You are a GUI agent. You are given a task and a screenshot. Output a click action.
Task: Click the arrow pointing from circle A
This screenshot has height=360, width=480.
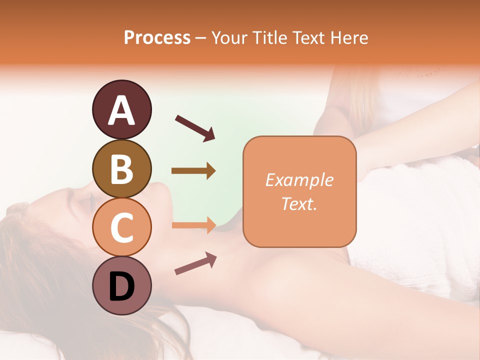tap(194, 127)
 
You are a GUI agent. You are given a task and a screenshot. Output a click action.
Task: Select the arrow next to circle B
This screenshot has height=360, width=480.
tap(193, 171)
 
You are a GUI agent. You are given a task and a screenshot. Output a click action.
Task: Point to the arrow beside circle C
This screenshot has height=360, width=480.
tap(193, 225)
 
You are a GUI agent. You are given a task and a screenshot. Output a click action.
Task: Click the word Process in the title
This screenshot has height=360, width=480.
tap(157, 37)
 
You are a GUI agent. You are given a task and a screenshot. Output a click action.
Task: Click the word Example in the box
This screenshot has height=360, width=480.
tap(299, 180)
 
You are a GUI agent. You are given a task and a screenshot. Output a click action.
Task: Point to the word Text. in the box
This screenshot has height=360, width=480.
tap(299, 204)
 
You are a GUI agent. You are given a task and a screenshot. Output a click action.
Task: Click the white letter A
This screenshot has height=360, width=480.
tap(121, 111)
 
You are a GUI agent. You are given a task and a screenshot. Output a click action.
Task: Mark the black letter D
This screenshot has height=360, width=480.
tap(121, 286)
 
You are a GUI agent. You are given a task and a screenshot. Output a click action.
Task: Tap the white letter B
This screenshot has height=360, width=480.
tap(121, 170)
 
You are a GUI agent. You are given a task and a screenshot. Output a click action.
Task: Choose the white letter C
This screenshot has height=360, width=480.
tap(121, 227)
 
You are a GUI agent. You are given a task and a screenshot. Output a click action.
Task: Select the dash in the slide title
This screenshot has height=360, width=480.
tap(200, 38)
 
